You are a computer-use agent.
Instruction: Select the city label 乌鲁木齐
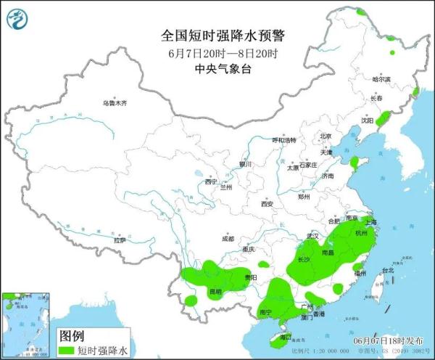pos(114,104)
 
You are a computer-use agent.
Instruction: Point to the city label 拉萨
pos(120,240)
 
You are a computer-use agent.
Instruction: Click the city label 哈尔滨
pos(381,79)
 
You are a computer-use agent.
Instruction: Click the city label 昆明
pos(215,292)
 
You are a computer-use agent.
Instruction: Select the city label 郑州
pos(304,197)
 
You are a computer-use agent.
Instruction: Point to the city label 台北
pos(387,271)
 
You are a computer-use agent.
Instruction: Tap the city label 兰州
pos(226,187)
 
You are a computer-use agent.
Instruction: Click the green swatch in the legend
pos(67,350)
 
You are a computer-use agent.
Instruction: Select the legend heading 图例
pos(71,336)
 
